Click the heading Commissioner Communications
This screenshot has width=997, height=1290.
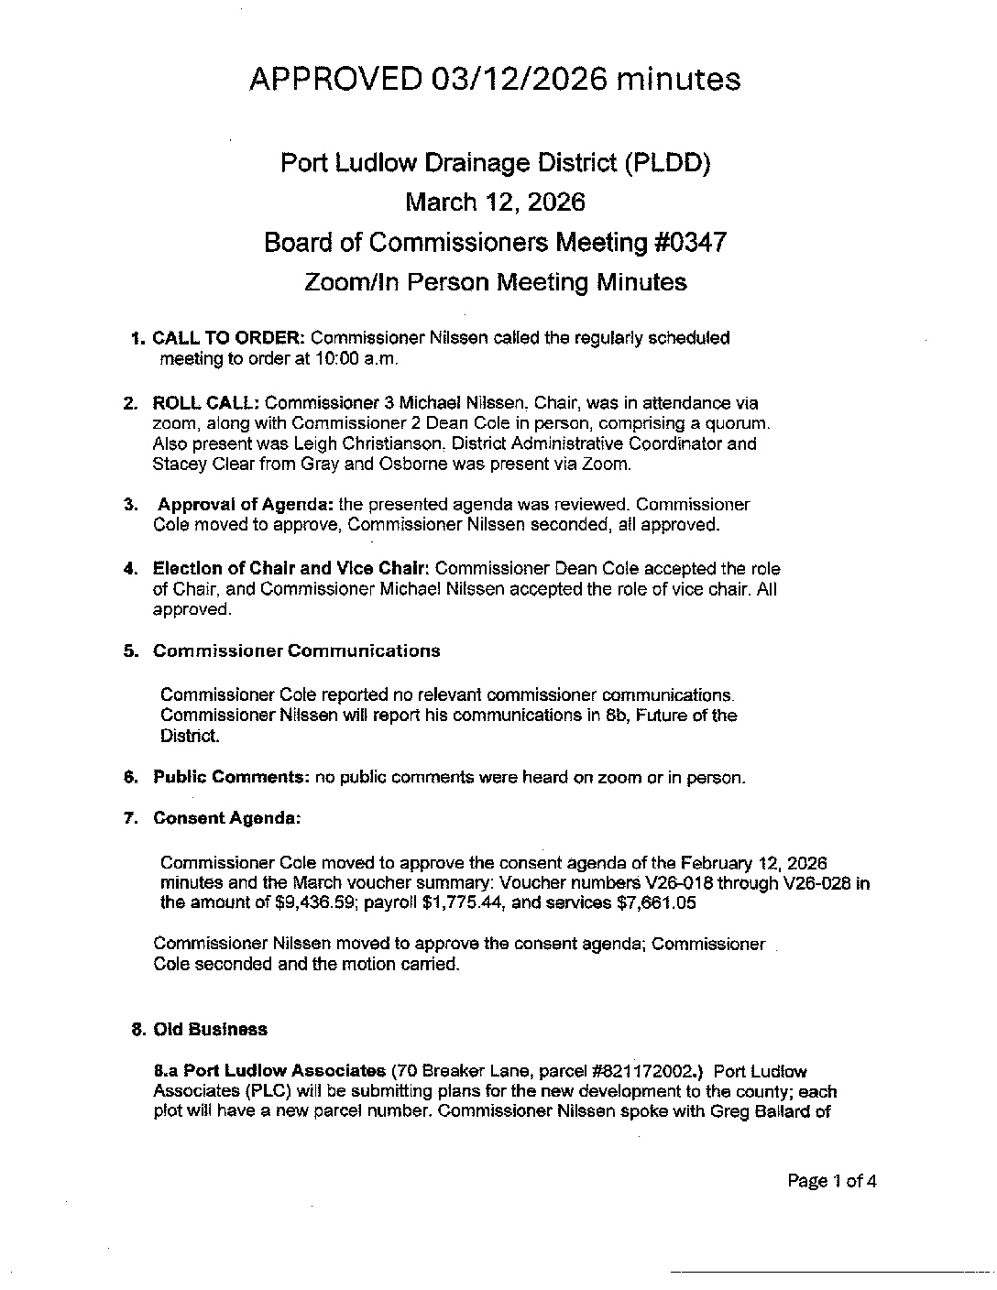pos(296,651)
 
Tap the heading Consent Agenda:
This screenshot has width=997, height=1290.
pos(226,819)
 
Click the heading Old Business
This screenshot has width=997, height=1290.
pos(210,1030)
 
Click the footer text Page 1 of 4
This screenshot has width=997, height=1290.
pos(832,1181)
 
